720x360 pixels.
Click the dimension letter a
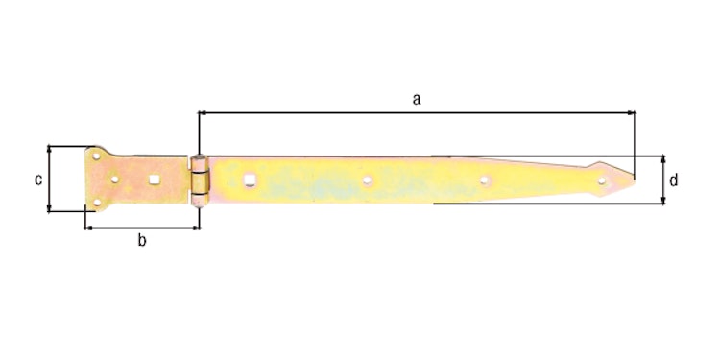tap(416, 98)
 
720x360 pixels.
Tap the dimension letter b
tap(141, 241)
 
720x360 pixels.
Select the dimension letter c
tap(37, 180)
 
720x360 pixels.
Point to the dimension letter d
tap(675, 180)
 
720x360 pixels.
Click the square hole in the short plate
tap(154, 179)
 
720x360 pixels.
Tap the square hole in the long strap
tap(251, 179)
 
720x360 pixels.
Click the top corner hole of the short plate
tap(97, 155)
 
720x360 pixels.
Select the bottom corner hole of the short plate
tap(96, 203)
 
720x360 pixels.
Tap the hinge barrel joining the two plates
tap(198, 179)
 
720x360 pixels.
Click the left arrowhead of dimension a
tap(203, 113)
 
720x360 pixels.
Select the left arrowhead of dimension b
tap(89, 228)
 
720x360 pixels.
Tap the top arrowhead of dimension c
tap(49, 150)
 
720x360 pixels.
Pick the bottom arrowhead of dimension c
tap(49, 207)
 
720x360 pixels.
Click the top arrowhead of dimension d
tap(662, 158)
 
